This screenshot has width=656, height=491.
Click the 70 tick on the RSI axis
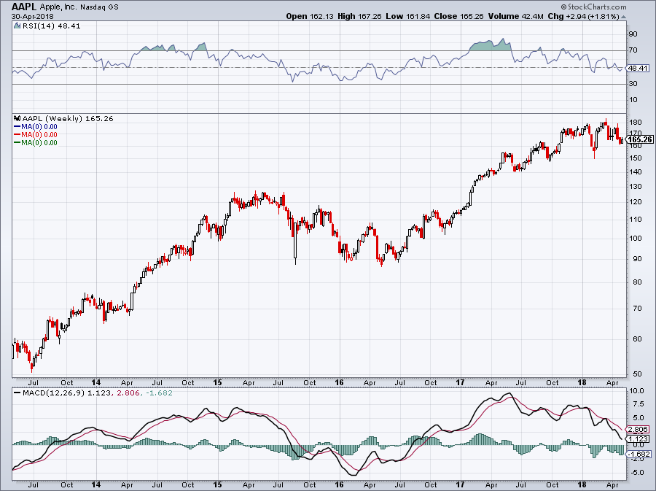coord(633,50)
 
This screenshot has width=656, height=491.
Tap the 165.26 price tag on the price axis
coord(639,139)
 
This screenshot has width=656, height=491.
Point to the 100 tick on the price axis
coord(636,238)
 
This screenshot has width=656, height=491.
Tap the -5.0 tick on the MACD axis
coord(636,472)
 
